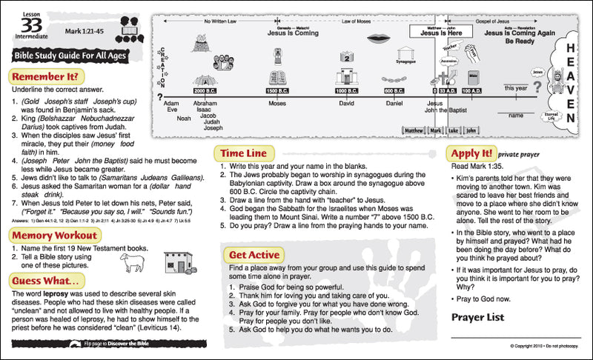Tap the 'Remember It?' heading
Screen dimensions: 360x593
coord(46,76)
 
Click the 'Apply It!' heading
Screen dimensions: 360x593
coord(470,153)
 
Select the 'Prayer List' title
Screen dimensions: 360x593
coord(479,317)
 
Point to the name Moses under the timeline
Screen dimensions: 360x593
coord(277,104)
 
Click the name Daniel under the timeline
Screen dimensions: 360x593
coord(394,104)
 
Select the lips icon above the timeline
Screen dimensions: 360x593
coord(377,37)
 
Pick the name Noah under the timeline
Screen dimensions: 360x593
coord(183,118)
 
